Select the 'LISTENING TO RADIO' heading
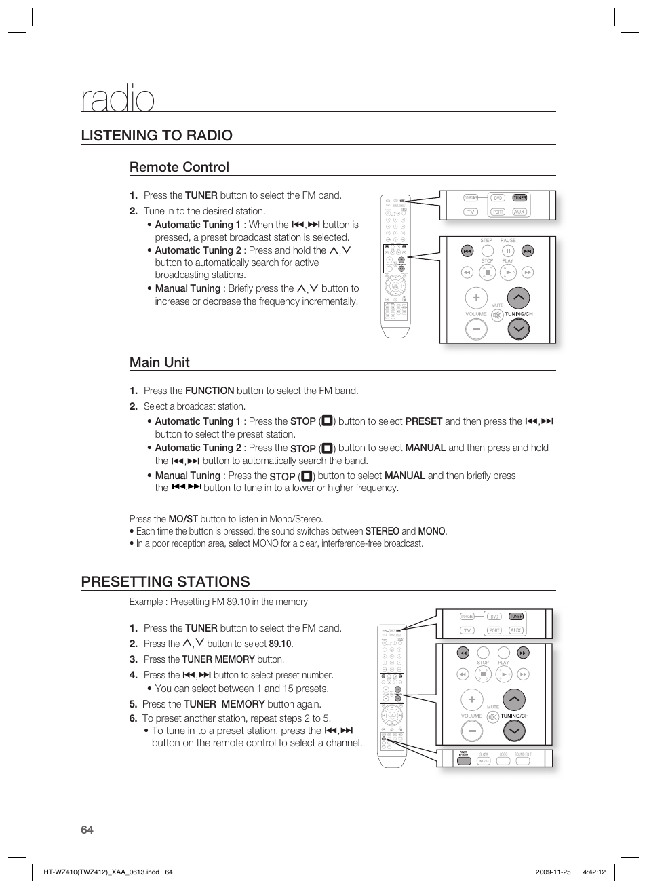[157, 135]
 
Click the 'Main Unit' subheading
[159, 362]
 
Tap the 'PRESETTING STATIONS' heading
[165, 581]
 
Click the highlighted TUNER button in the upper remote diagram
[519, 198]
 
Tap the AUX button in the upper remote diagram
[519, 212]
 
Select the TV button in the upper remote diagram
[471, 212]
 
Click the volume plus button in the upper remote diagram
[476, 298]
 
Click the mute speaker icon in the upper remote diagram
[497, 315]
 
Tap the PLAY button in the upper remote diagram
[508, 272]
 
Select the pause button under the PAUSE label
[508, 251]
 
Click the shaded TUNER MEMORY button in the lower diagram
[464, 760]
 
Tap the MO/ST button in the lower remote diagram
[484, 760]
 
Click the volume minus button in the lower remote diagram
[471, 731]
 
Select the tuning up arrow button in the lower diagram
[514, 699]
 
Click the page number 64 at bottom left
[87, 830]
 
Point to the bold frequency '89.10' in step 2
[280, 644]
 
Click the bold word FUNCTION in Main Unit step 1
[210, 391]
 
